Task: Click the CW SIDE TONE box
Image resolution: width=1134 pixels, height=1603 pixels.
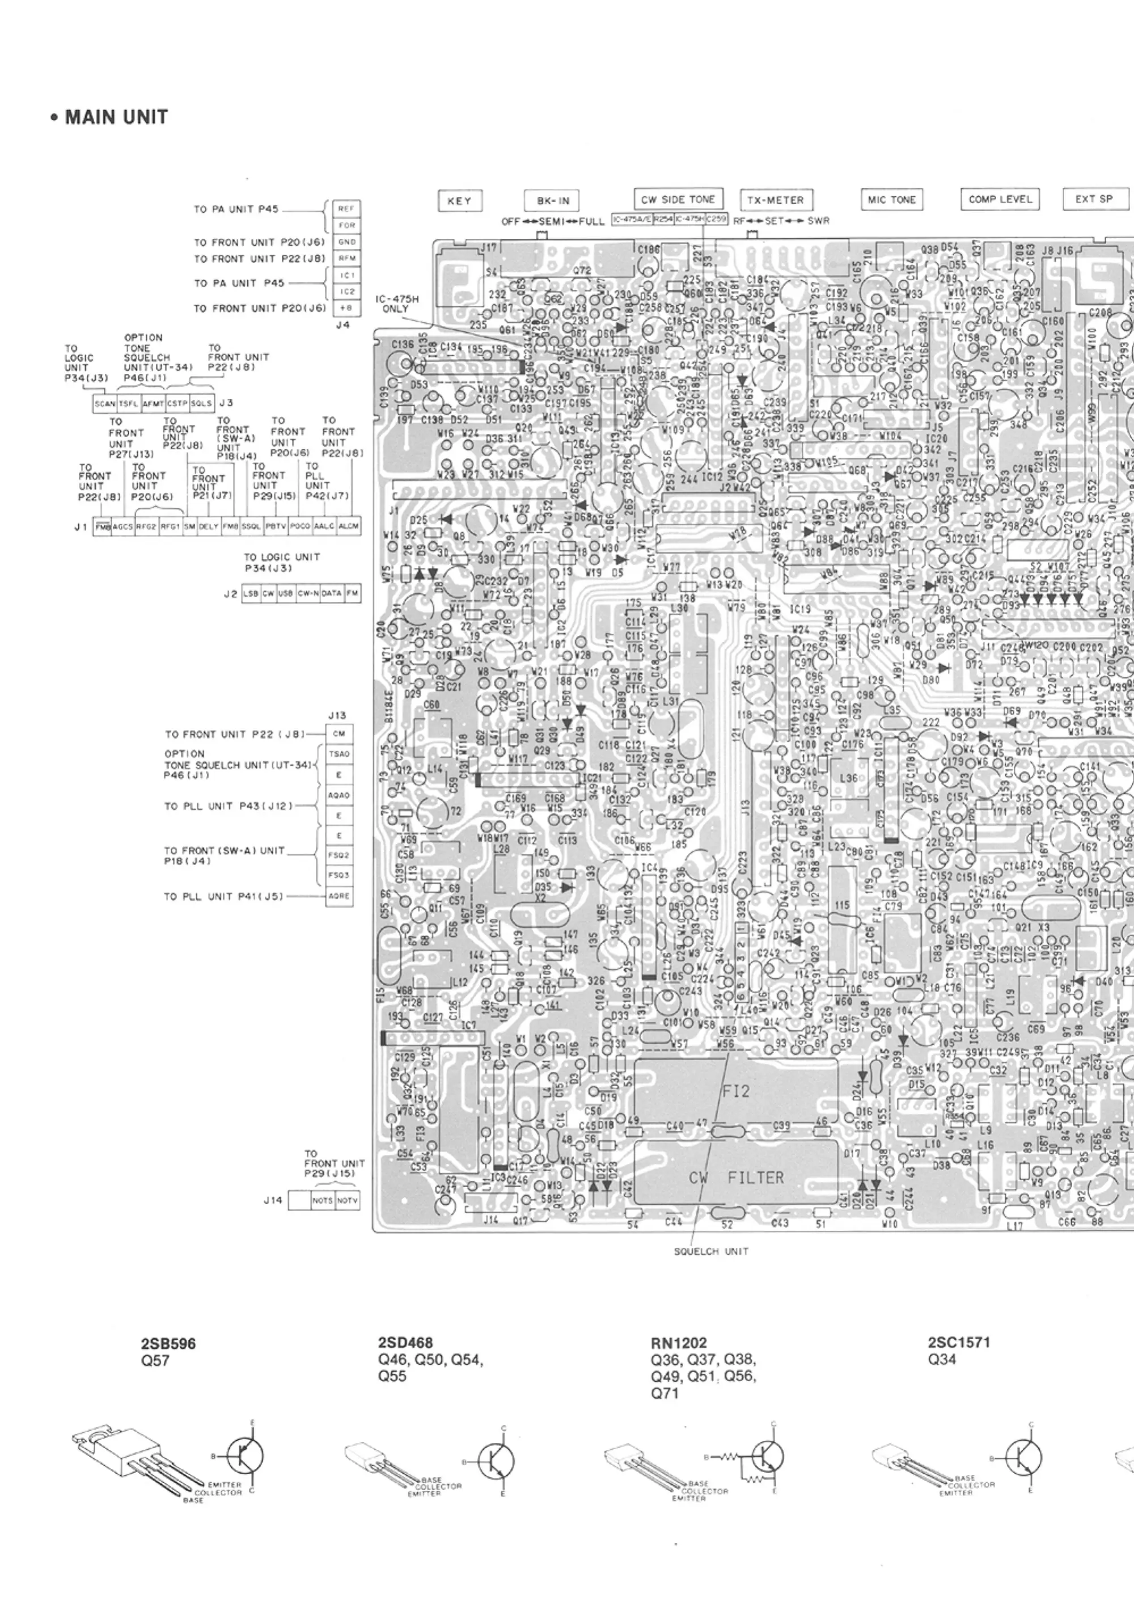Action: point(678,199)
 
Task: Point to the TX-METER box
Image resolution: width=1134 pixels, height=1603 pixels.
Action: point(775,200)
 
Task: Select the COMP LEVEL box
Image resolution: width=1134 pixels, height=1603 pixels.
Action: point(1000,199)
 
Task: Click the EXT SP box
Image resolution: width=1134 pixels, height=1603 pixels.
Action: point(1094,199)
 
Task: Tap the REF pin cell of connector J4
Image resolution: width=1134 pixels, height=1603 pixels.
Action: point(346,209)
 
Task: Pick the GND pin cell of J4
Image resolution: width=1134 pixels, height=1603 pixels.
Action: point(346,242)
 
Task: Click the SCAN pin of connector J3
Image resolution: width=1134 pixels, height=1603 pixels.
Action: point(105,404)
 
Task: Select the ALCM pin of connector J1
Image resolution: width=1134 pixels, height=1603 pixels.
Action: point(349,526)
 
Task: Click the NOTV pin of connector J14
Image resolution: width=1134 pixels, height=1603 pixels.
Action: point(347,1201)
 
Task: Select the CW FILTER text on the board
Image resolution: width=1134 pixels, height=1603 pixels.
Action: point(736,1178)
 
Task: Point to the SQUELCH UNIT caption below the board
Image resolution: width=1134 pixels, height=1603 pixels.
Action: point(710,1252)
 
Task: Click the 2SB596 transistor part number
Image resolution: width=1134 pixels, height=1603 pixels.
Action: point(168,1344)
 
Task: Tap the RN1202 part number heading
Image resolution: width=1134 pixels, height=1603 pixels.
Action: point(678,1343)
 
